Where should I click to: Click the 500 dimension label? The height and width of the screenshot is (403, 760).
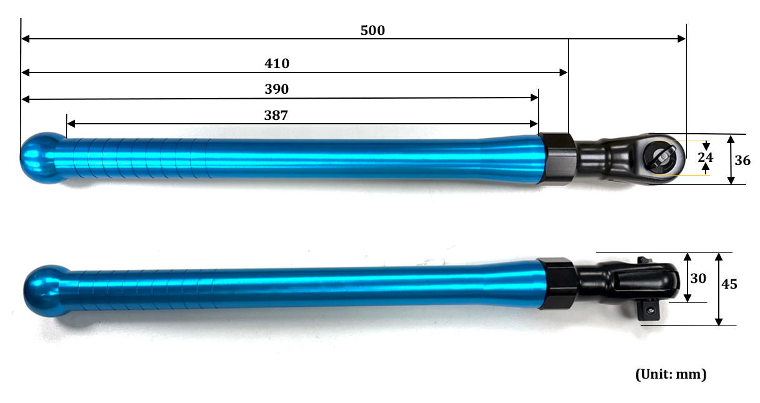tap(372, 31)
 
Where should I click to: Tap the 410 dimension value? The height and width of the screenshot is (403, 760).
tap(277, 64)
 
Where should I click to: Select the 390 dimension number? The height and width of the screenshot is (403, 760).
tap(276, 89)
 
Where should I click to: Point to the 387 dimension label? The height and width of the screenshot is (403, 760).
tap(276, 116)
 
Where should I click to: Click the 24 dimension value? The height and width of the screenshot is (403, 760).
tap(706, 157)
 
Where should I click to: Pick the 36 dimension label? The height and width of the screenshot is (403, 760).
tap(742, 161)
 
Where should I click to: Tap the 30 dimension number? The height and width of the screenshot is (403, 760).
tap(698, 279)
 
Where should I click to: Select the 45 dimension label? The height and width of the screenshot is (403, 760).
tap(729, 284)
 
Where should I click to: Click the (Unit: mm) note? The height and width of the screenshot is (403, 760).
tap(671, 374)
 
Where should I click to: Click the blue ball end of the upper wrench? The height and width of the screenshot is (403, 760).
tap(42, 158)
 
